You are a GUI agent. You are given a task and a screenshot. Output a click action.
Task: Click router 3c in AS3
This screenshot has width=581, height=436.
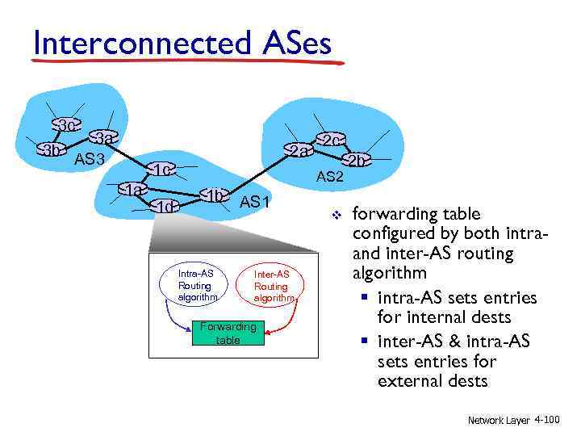point(66,125)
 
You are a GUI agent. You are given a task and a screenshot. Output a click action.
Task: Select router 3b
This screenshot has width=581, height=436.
point(52,150)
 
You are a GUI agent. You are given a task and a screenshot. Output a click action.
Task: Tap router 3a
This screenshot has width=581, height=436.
point(102,139)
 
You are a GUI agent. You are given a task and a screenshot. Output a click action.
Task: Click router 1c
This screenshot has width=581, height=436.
point(161,170)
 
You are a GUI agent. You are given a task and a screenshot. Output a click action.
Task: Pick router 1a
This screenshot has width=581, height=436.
point(132,190)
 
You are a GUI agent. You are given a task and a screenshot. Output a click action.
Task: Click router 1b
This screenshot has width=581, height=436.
point(214,196)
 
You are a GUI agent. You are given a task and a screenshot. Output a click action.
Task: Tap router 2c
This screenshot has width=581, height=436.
point(328,140)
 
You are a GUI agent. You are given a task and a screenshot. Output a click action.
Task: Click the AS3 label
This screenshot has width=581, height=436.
point(90,159)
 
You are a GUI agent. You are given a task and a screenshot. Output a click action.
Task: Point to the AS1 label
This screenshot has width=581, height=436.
point(254,202)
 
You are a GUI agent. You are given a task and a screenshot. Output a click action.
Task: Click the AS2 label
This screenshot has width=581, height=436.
point(330,177)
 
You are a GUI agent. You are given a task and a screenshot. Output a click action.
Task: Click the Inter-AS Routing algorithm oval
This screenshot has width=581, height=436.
point(270,286)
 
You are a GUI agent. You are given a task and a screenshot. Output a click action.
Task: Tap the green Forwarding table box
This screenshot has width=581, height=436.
point(228,333)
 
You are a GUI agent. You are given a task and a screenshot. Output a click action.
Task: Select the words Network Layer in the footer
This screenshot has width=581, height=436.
point(498,420)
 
